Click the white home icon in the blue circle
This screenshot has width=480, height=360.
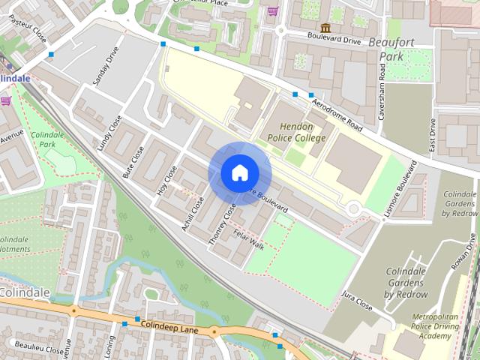tap(239, 173)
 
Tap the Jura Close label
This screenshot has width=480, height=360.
tap(357, 301)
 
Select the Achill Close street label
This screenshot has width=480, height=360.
tap(193, 213)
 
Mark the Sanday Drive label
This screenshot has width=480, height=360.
tap(104, 66)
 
